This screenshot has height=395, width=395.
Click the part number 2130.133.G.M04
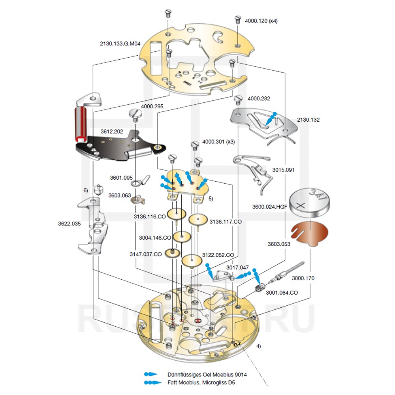[120, 44]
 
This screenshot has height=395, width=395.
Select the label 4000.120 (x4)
[261, 21]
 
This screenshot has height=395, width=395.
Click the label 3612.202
[112, 131]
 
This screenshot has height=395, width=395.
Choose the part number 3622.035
[69, 224]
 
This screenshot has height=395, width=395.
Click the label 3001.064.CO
[282, 293]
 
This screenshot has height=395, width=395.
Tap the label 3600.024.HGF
[269, 206]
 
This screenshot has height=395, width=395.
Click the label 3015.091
[284, 170]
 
